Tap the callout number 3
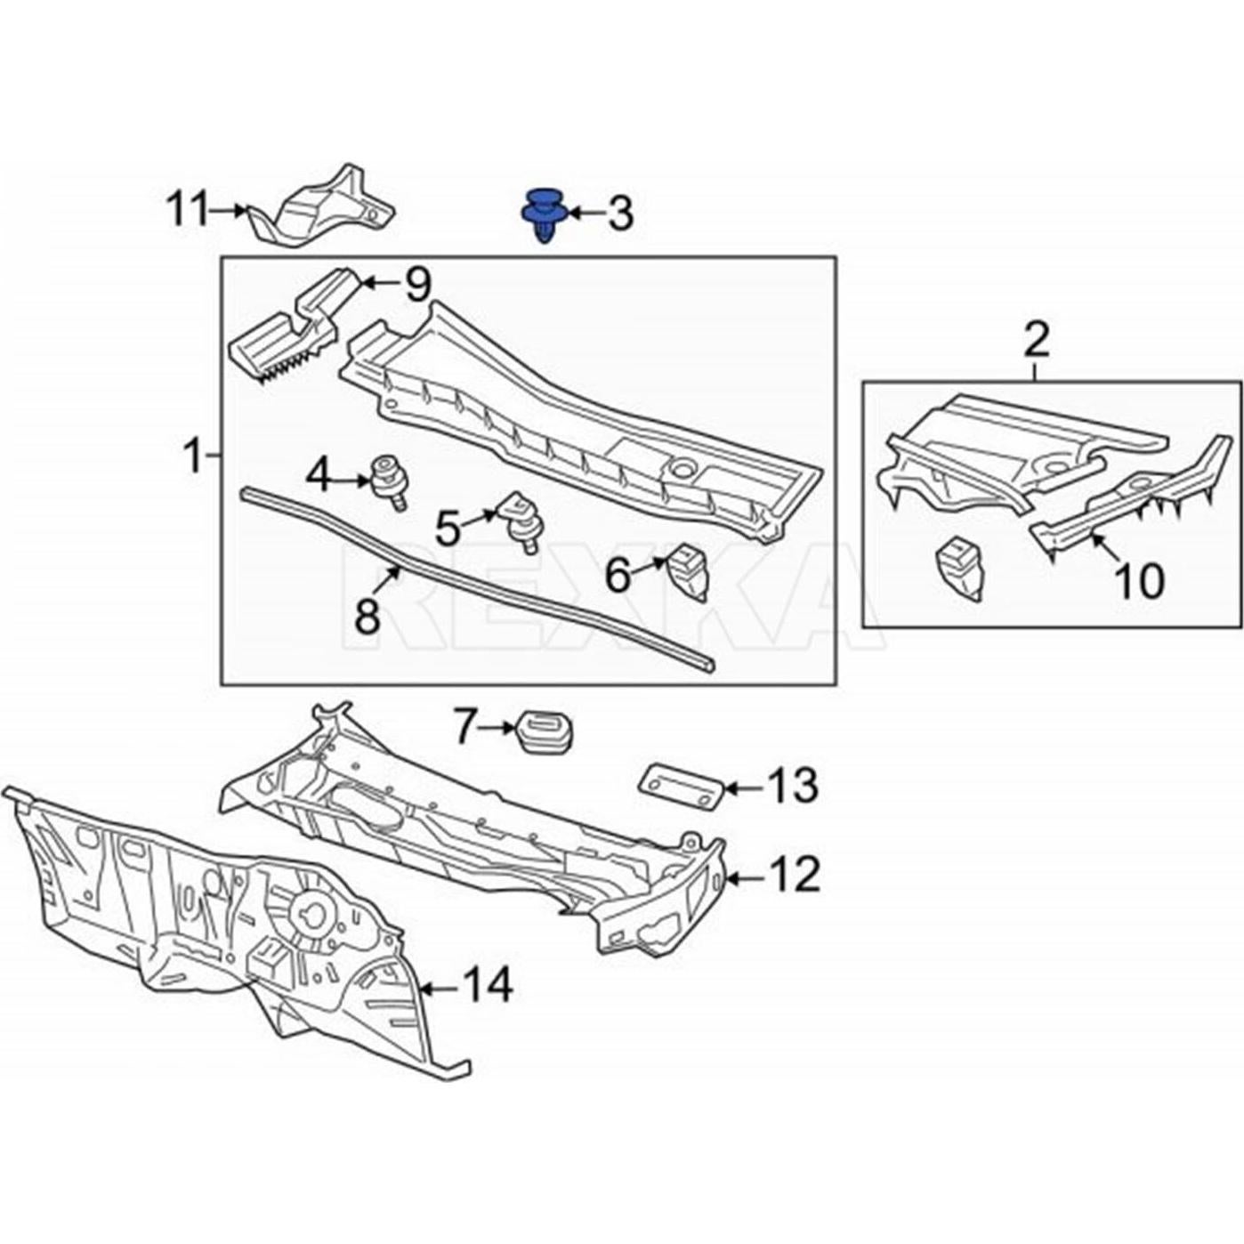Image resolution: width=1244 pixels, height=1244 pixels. pyautogui.click(x=619, y=214)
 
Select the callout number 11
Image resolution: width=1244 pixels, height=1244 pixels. pyautogui.click(x=187, y=211)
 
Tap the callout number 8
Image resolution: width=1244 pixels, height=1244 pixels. pyautogui.click(x=368, y=614)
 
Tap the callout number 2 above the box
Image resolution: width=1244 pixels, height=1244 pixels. pyautogui.click(x=1037, y=340)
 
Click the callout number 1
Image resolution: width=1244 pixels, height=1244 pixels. pyautogui.click(x=192, y=456)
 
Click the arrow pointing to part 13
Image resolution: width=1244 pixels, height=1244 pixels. pyautogui.click(x=741, y=787)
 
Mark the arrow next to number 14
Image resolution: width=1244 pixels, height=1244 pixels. pyautogui.click(x=437, y=987)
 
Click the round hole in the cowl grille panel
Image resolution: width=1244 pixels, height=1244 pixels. pyautogui.click(x=683, y=466)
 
